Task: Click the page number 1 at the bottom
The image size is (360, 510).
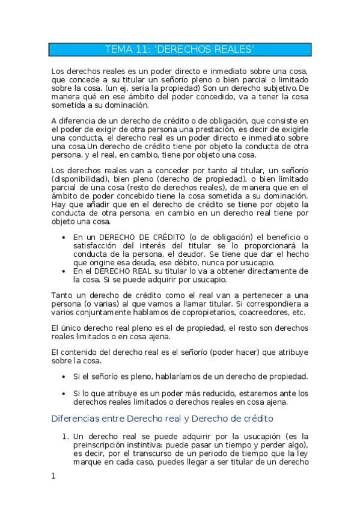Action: click(53, 476)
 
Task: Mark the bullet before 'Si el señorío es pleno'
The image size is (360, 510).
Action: click(64, 376)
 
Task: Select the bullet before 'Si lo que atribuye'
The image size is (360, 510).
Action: click(64, 393)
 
